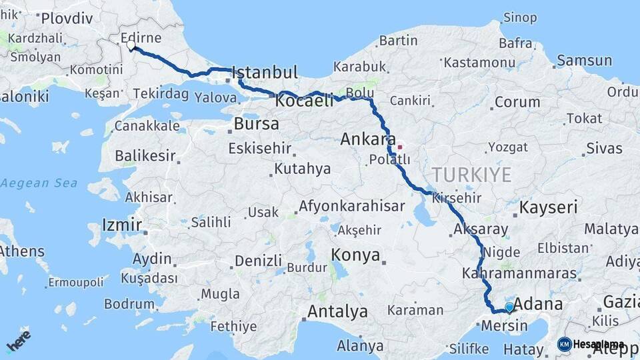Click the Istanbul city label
pyautogui.click(x=264, y=72)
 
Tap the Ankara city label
pyautogui.click(x=368, y=140)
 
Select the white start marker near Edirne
pyautogui.click(x=131, y=47)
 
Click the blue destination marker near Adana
pyautogui.click(x=509, y=307)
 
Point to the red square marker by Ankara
pyautogui.click(x=400, y=147)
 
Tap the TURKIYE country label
pyautogui.click(x=471, y=175)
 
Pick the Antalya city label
pyautogui.click(x=337, y=311)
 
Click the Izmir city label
pyautogui.click(x=122, y=225)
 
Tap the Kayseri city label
pyautogui.click(x=548, y=207)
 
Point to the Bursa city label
pyautogui.click(x=256, y=124)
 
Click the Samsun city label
pyautogui.click(x=584, y=61)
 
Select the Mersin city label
pyautogui.click(x=504, y=326)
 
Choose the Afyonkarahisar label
pyautogui.click(x=351, y=207)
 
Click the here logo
pyautogui.click(x=19, y=340)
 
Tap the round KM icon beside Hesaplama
pyautogui.click(x=564, y=344)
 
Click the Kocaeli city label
pyautogui.click(x=304, y=101)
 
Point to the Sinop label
pyautogui.click(x=520, y=17)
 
